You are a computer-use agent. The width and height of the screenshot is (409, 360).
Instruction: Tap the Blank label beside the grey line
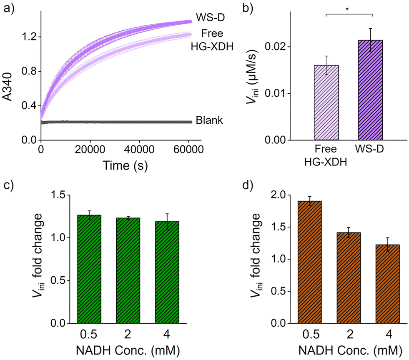point(211,121)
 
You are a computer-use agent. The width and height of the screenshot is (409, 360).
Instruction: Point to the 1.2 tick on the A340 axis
point(30,37)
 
